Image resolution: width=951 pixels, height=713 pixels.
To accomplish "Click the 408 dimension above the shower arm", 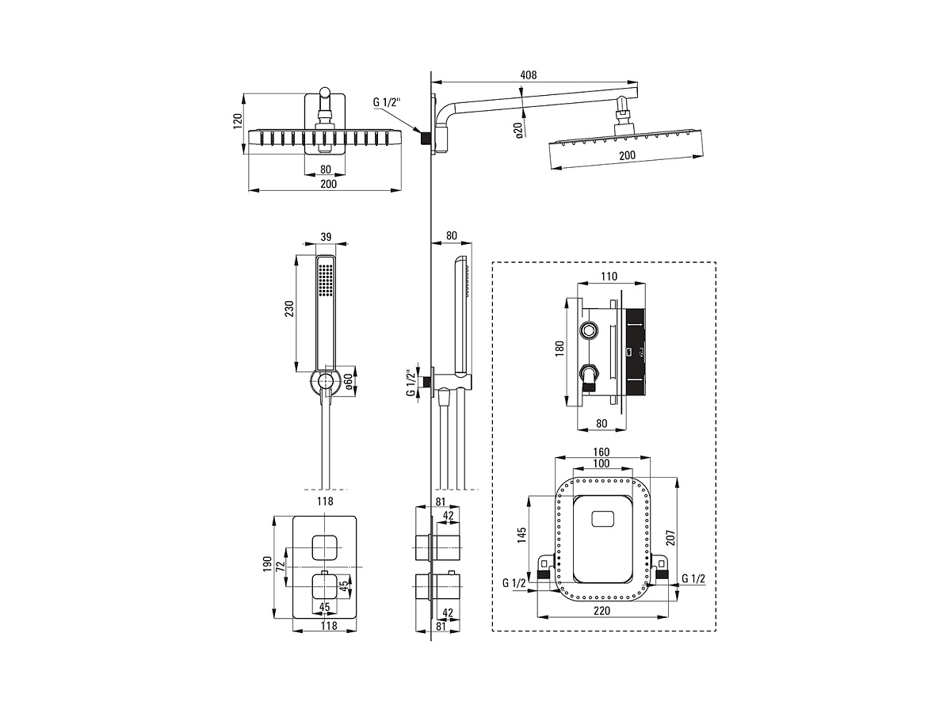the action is click(x=528, y=75).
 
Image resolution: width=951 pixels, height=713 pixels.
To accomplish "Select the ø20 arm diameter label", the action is click(x=518, y=129).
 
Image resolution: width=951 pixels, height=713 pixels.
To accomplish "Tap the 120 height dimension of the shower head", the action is click(x=237, y=122).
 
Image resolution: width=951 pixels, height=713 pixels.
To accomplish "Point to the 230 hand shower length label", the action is click(x=289, y=309).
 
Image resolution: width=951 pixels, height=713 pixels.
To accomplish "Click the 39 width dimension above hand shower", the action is click(x=326, y=237).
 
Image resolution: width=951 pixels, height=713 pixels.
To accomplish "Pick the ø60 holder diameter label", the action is click(x=348, y=381).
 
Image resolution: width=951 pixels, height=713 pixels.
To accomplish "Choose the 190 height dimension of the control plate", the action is click(x=267, y=564).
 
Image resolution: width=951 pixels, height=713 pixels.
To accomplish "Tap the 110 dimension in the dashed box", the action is click(x=609, y=276).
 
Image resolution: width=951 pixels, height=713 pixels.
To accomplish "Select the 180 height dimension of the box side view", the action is click(x=560, y=349).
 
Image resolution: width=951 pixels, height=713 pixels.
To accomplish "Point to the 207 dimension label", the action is click(x=670, y=538).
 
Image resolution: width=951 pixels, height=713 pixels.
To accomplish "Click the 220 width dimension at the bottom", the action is click(x=602, y=611).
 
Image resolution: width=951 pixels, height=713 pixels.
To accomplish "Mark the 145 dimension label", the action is click(x=521, y=535).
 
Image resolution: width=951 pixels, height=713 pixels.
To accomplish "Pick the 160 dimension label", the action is click(x=601, y=452).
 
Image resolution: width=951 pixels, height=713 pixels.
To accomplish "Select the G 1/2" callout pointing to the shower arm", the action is click(x=387, y=103).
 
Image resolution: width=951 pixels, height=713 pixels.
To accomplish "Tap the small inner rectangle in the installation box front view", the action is click(x=602, y=518).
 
